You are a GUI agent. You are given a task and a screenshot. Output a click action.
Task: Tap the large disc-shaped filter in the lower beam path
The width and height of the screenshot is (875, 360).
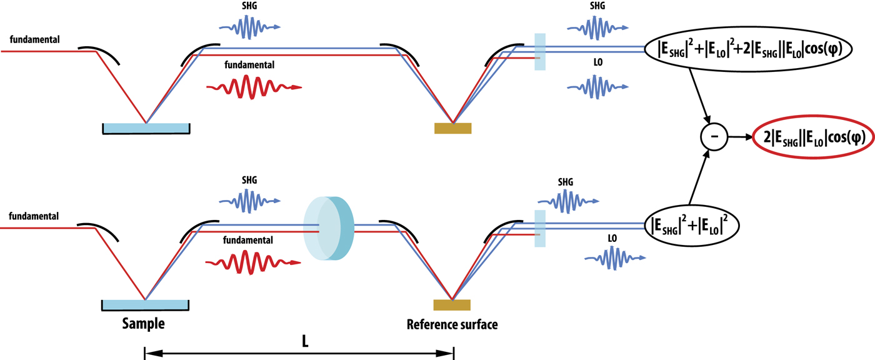[329, 228]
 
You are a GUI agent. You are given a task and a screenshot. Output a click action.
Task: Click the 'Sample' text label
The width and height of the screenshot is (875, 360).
[144, 324]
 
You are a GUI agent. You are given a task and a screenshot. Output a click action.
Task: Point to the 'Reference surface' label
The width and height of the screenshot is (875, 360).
[452, 324]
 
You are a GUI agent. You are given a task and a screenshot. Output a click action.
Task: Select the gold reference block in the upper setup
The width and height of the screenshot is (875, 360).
[452, 128]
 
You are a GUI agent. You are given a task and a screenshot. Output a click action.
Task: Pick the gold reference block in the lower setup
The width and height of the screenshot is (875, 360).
[452, 305]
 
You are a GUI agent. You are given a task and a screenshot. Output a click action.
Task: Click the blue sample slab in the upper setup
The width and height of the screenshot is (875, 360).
[146, 127]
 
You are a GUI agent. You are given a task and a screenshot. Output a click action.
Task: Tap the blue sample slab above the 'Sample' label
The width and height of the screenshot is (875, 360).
[145, 304]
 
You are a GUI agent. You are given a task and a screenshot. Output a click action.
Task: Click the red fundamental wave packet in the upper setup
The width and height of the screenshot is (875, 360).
[253, 87]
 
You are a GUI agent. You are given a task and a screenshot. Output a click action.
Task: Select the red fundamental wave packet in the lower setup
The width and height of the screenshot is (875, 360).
[253, 264]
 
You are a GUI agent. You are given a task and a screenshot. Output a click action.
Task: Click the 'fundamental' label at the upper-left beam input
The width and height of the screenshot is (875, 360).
[34, 40]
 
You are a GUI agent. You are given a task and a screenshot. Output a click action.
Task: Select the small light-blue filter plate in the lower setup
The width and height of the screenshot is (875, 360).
[540, 227]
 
